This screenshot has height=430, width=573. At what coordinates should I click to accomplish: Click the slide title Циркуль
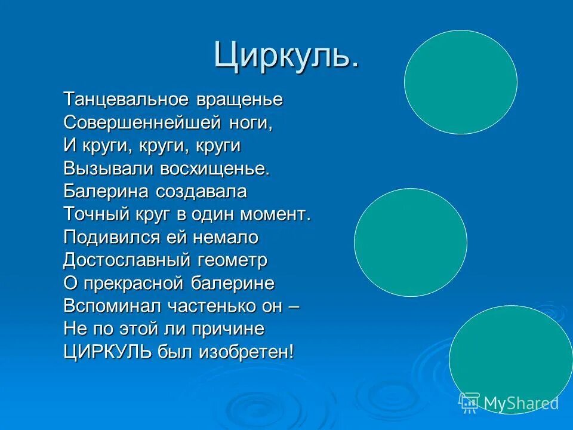pos(286,55)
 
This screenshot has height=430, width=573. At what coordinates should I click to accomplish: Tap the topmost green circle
pos(460,82)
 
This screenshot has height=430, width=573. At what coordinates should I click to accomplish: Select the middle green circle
pos(411,242)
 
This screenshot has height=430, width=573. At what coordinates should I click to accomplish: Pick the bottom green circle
pos(510,358)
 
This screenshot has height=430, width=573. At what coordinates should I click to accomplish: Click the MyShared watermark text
pos(520,403)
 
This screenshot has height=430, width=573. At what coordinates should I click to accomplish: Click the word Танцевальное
pos(126,100)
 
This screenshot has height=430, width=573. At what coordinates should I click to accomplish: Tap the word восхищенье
pos(215,168)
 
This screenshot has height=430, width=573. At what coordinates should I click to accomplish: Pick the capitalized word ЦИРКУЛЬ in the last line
pos(107,351)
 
